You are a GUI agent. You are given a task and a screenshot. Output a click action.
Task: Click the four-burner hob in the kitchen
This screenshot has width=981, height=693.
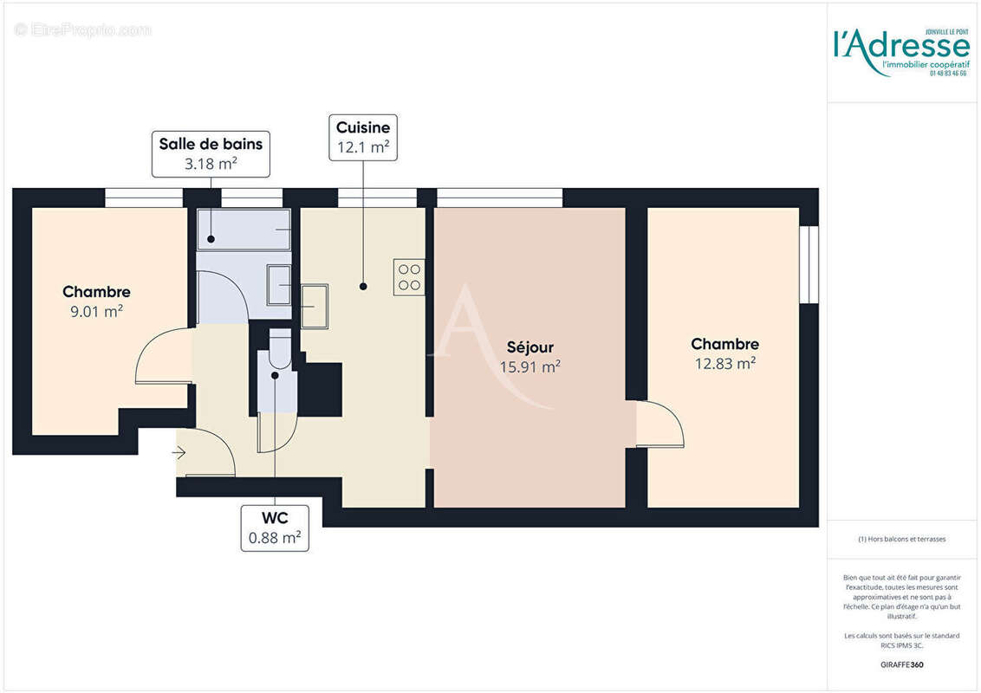point(409,276)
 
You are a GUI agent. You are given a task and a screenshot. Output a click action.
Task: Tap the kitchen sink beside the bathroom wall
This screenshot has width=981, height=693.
point(314,306)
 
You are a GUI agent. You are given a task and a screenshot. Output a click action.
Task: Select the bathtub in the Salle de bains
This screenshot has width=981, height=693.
point(244,230)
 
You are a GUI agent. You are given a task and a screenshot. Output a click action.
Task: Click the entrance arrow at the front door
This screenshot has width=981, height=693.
point(179,452)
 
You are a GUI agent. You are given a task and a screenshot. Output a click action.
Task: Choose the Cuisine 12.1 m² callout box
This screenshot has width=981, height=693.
point(363,137)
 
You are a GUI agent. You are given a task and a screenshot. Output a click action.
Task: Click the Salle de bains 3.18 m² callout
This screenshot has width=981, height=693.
point(211,153)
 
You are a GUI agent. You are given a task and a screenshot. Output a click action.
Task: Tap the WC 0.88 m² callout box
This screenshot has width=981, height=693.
point(275,528)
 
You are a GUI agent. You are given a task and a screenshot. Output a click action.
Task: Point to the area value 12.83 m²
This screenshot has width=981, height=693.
point(724,364)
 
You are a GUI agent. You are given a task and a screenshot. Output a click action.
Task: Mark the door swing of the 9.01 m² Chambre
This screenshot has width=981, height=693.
point(162,356)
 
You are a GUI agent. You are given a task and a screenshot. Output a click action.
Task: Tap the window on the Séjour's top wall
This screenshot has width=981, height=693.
point(499,198)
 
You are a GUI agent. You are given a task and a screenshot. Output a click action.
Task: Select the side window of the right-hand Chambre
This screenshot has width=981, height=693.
point(809,264)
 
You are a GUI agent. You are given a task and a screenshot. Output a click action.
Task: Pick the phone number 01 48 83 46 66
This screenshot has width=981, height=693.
point(948,74)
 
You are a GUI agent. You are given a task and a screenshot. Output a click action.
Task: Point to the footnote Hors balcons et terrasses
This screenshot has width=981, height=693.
point(901,539)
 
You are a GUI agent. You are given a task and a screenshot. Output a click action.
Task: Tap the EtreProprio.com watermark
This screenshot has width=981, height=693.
point(83,30)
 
